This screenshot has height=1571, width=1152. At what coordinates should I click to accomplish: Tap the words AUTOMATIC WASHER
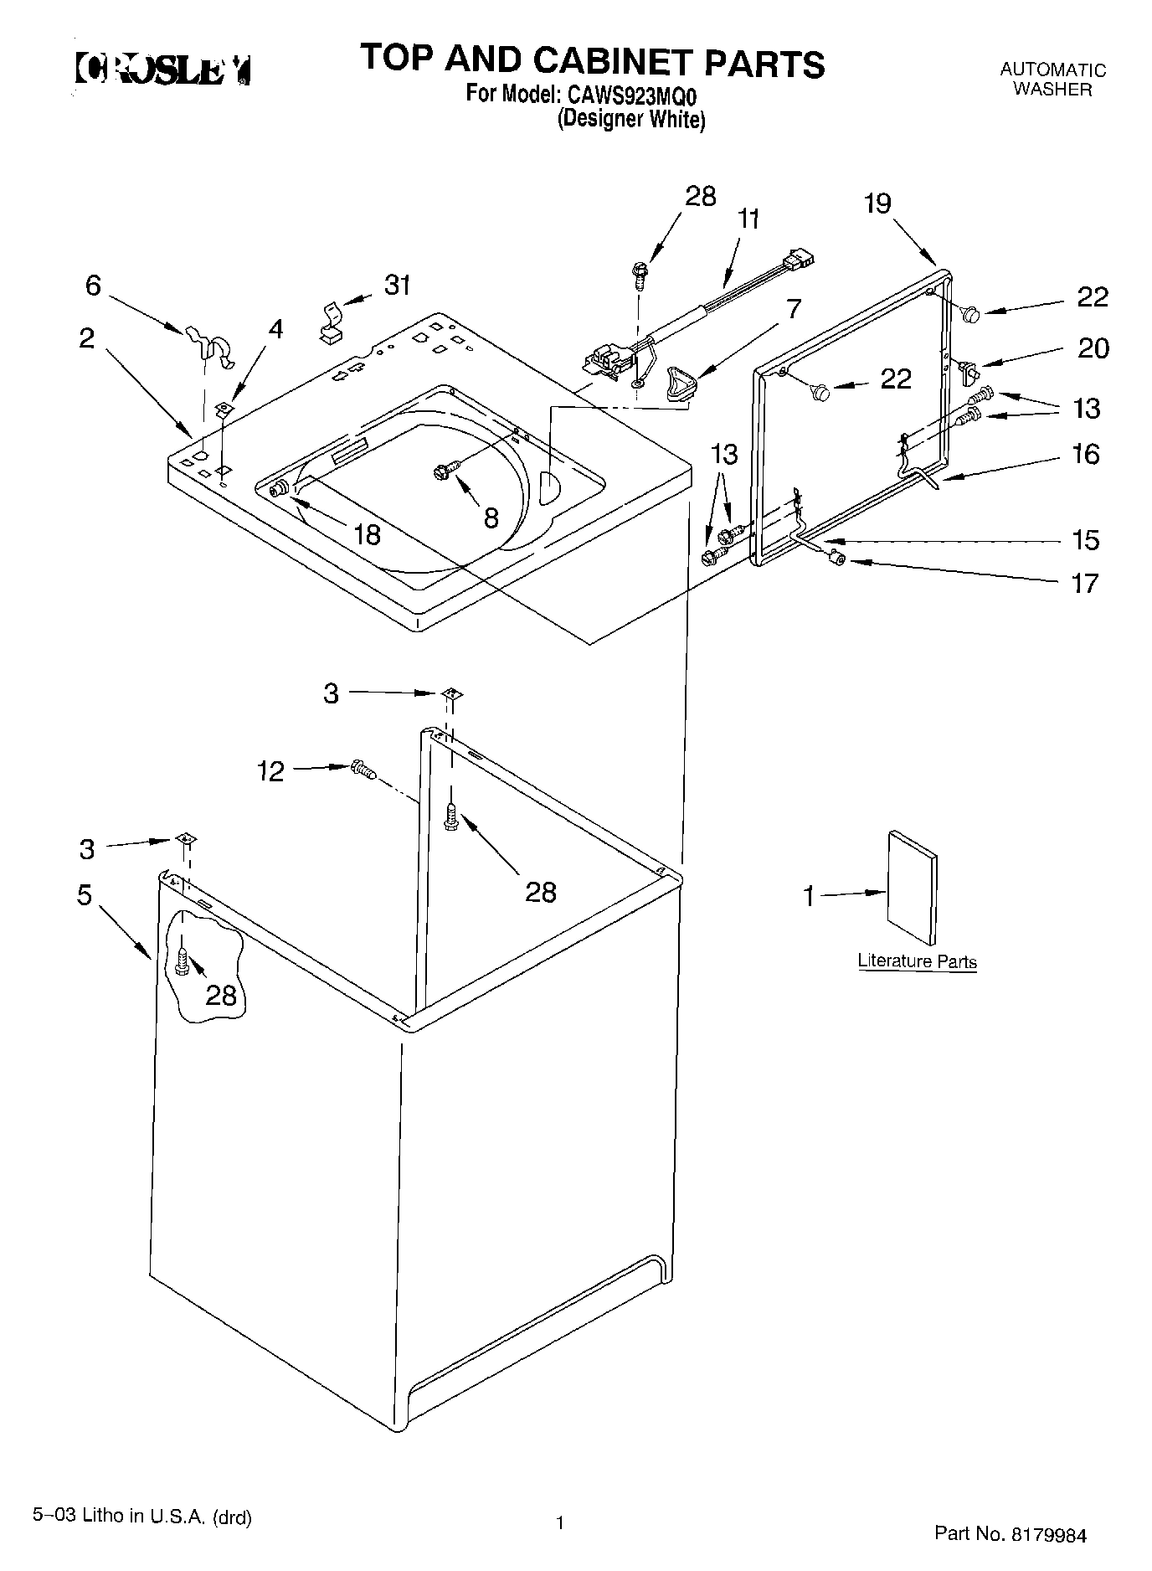click(1052, 80)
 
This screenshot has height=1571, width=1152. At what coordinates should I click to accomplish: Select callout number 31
click(398, 286)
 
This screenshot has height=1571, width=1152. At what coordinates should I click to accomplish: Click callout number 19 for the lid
click(877, 203)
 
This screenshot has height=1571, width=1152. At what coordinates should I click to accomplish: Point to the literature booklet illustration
click(913, 888)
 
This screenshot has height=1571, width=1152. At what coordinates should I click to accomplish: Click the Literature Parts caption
click(917, 961)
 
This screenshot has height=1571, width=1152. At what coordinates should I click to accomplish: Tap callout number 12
click(270, 771)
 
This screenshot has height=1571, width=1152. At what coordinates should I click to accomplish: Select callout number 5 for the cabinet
click(84, 894)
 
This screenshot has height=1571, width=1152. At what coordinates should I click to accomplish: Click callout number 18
click(367, 534)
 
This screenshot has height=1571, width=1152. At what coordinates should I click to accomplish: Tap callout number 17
click(1084, 583)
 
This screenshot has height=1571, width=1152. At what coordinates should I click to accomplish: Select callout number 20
click(1093, 348)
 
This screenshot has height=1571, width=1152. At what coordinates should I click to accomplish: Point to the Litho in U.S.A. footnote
click(141, 1516)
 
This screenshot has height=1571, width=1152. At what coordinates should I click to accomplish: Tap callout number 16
click(1085, 455)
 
